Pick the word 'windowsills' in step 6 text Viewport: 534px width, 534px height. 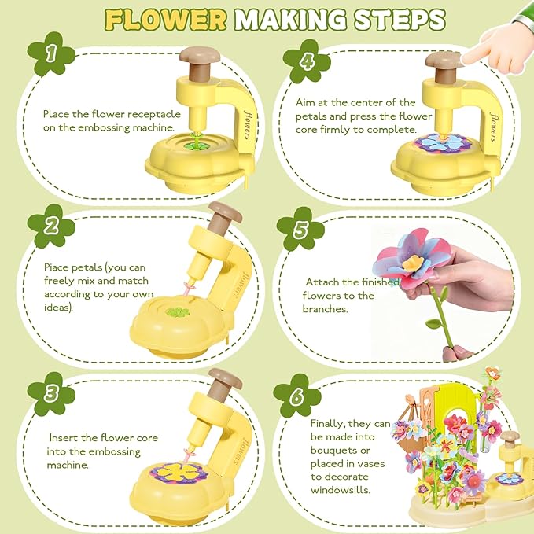tap(339, 490)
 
